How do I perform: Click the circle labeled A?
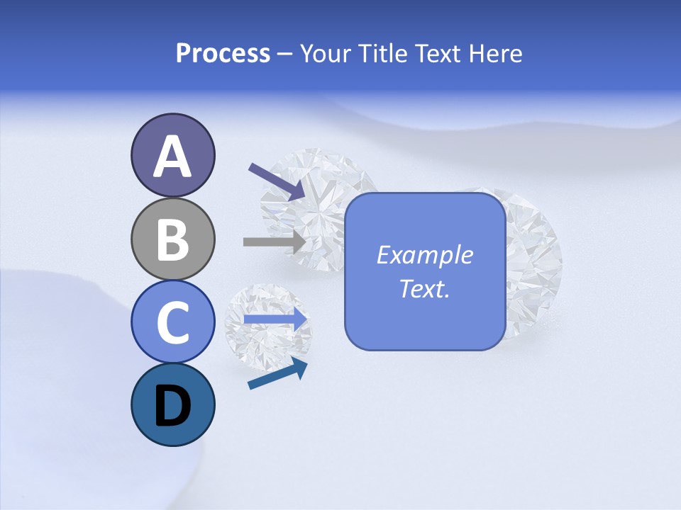[x=172, y=155]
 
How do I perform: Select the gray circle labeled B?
[x=172, y=239]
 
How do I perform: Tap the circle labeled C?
[x=172, y=322]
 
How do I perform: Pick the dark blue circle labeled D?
[x=172, y=404]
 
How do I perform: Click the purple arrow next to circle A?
[x=277, y=181]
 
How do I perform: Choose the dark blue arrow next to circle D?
[x=277, y=373]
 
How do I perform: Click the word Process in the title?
[x=223, y=54]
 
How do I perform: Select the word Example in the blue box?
[x=424, y=255]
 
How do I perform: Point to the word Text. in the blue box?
[x=424, y=288]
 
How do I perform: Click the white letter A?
[x=172, y=157]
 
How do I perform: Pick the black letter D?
[x=172, y=406]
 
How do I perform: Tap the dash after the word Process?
[x=285, y=55]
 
